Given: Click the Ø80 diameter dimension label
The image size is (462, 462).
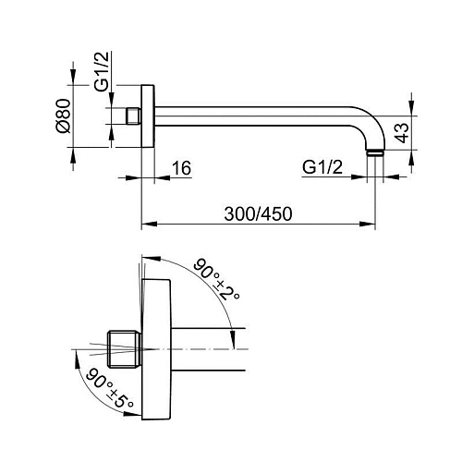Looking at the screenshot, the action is pos(64,115).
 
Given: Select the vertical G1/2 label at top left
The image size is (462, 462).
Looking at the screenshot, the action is pos(102,71).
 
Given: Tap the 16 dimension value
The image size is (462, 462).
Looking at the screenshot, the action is pos(181,168).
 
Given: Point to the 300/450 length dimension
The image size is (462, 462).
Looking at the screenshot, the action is pos(258,213).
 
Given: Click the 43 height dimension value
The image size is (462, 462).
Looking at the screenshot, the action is pos(402,133).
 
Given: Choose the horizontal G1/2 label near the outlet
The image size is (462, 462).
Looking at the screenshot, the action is pos(322,167).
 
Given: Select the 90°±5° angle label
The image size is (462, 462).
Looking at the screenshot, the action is pos(110,389).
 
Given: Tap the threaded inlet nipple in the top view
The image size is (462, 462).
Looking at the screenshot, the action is pos(134,116).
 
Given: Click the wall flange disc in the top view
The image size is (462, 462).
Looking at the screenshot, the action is pos(148,115).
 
